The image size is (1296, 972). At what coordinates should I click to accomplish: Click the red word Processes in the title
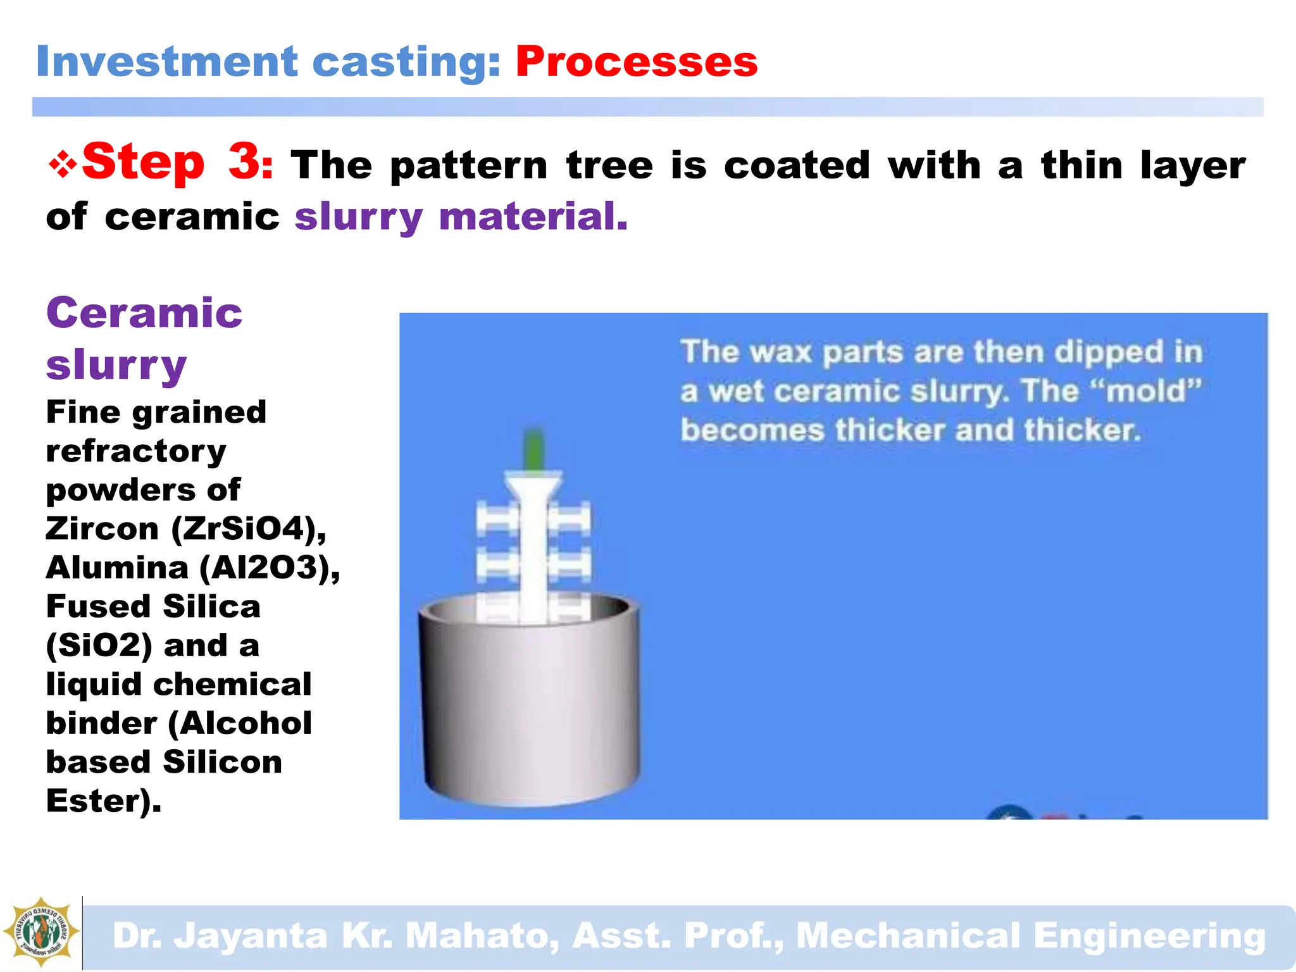point(636,61)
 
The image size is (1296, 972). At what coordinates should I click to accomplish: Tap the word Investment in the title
point(166,61)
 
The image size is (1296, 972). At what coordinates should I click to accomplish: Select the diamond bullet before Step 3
point(63,165)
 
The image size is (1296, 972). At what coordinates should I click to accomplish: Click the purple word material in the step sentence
point(533,216)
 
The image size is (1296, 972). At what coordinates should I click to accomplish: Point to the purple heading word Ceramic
point(144,313)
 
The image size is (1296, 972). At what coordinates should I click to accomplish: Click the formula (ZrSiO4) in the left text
point(249,528)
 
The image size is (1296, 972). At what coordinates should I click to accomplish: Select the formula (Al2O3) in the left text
point(270,568)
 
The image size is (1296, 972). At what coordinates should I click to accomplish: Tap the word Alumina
point(117,568)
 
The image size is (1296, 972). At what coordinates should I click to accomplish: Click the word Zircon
point(102,528)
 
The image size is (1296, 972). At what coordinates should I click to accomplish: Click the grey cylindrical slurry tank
point(528,709)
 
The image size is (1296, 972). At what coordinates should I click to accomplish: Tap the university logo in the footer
point(41,931)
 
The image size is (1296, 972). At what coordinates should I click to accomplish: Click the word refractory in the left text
point(136,451)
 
